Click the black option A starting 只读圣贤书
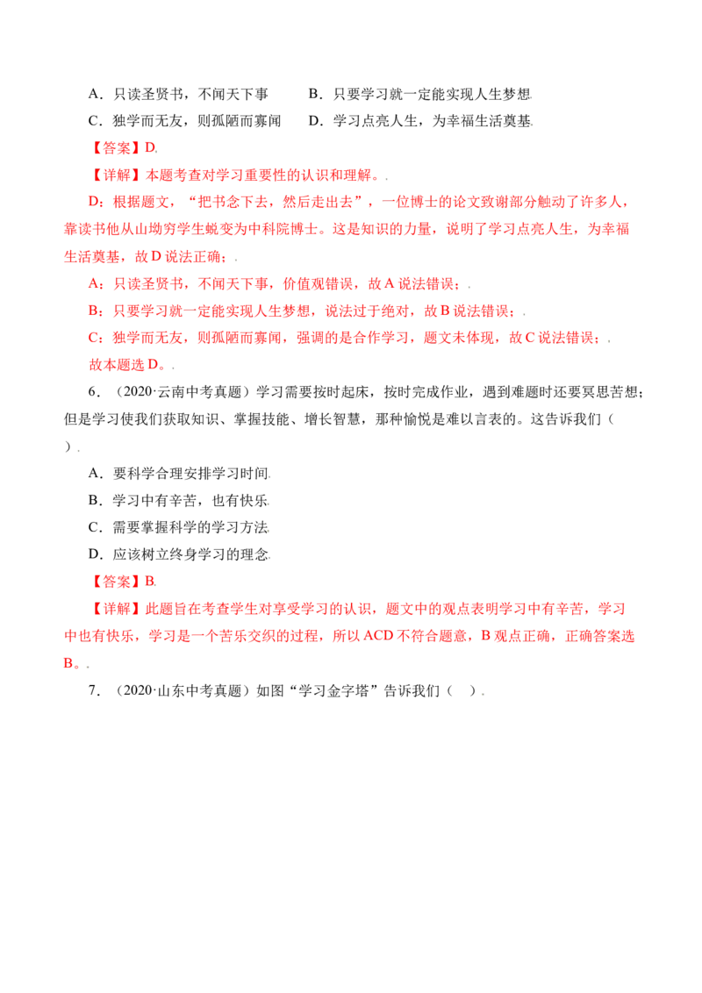[x=178, y=95]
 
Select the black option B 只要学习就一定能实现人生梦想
[x=420, y=95]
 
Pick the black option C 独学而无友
[x=184, y=121]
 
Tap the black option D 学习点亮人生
[x=420, y=121]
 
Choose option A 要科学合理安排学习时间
[x=179, y=473]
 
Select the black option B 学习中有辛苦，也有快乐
[x=178, y=500]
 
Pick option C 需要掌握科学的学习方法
[x=179, y=527]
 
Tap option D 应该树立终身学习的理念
[x=179, y=554]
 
